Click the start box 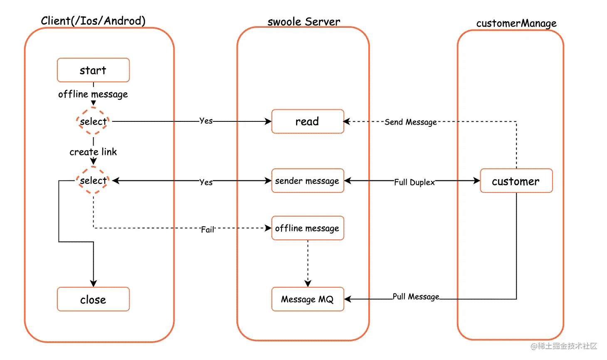tap(93, 70)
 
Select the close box tap(93, 299)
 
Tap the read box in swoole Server tap(308, 121)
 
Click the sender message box tap(308, 181)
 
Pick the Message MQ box tap(308, 299)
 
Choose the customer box tap(516, 181)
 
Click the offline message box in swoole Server tap(308, 228)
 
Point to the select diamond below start tap(93, 121)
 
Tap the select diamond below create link tap(93, 180)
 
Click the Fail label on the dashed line tap(207, 230)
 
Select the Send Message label tap(410, 122)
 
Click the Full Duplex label tap(415, 182)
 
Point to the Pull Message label tap(416, 297)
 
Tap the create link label tap(93, 152)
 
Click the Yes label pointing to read tap(206, 121)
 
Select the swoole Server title tap(304, 22)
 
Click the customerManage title tap(516, 23)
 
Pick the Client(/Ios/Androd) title tap(93, 21)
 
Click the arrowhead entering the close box tap(94, 284)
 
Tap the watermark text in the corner tap(564, 346)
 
